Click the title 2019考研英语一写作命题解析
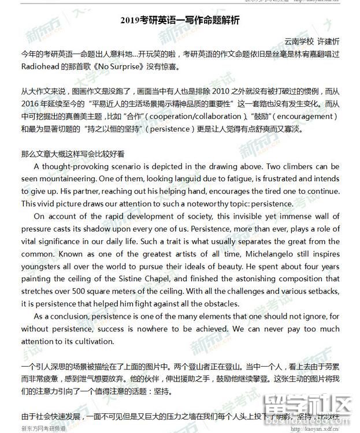tap(179, 20)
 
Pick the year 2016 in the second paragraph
tap(33, 104)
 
